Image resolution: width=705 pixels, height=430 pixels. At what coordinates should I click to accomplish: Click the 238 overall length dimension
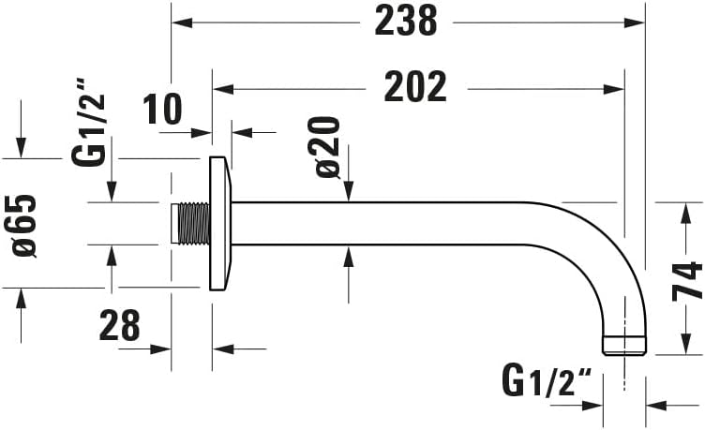[406, 21]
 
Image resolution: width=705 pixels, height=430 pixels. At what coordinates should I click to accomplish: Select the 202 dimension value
[415, 88]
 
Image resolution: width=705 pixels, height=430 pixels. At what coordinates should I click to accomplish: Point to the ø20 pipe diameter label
[327, 147]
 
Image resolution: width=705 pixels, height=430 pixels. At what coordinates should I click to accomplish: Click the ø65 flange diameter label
[24, 226]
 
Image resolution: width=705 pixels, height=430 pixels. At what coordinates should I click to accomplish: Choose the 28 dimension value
[119, 326]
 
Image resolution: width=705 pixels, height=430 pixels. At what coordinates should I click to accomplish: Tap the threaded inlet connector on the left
[192, 223]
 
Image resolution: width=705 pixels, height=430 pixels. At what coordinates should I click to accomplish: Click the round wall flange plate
[220, 223]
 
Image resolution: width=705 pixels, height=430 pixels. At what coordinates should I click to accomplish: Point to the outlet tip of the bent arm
[624, 345]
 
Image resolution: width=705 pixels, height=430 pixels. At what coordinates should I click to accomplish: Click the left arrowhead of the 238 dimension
[180, 21]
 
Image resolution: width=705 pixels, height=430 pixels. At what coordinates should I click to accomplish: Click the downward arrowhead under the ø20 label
[349, 194]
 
